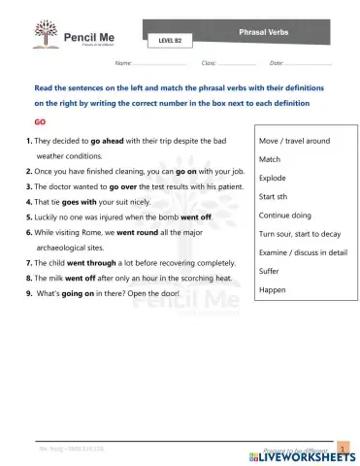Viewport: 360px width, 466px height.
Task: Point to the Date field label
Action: (277, 63)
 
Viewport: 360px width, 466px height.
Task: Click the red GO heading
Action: (40, 123)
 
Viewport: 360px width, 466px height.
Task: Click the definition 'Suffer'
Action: (271, 272)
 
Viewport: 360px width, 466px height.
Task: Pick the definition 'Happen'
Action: (273, 290)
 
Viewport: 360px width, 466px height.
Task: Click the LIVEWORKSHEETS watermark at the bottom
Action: (304, 455)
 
